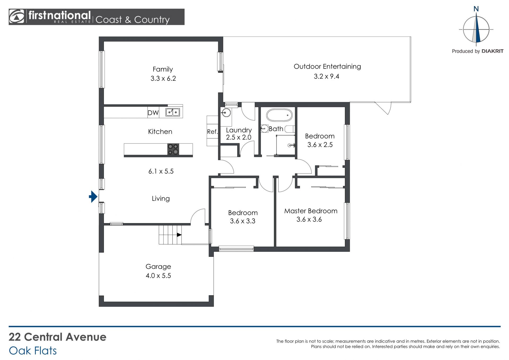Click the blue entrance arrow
tap(93, 197)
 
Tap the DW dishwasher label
tap(153, 113)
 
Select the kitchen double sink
tap(173, 112)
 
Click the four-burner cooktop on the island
tap(173, 149)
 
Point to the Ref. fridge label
tap(212, 132)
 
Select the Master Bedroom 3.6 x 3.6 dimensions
tap(309, 219)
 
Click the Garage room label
tap(158, 267)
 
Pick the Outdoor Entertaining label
tap(327, 67)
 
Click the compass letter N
tap(476, 9)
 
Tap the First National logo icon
tap(17, 17)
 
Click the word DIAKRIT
tap(492, 51)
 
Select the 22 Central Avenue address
tap(58, 337)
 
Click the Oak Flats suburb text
tap(33, 351)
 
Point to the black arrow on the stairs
tap(179, 235)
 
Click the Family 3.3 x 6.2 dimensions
tap(163, 79)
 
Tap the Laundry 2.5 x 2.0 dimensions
tap(239, 137)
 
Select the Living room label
tap(161, 199)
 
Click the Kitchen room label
tap(160, 132)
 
